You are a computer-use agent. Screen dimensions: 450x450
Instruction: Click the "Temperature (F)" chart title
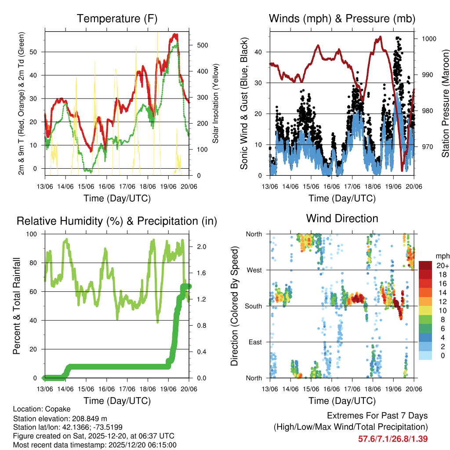116,18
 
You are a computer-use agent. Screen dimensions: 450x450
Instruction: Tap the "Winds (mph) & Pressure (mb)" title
342,18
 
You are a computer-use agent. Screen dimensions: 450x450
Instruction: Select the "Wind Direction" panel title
342,218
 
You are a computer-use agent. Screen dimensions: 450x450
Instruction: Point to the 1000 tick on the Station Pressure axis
428,39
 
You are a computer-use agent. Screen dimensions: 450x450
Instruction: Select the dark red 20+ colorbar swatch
426,265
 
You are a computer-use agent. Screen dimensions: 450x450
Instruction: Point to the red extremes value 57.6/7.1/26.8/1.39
393,439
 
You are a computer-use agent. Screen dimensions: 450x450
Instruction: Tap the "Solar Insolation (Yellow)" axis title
216,103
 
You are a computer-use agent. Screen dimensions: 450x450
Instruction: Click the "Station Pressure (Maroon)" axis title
445,103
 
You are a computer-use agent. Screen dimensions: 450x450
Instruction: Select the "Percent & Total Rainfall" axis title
16,306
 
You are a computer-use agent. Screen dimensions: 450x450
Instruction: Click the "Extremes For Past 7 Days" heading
377,416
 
